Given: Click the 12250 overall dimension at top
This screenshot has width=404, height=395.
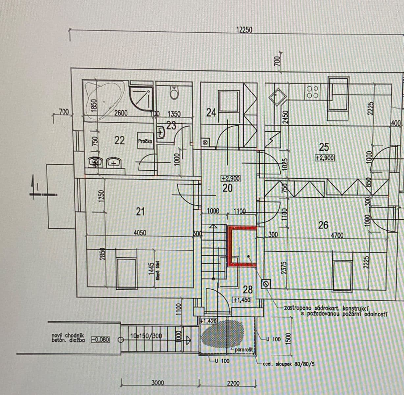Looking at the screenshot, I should click(244, 30).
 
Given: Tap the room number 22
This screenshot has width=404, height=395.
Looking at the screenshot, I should click(120, 140).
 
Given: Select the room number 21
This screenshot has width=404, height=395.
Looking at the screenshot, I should click(140, 211).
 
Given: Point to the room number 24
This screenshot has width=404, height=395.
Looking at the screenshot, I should click(211, 113).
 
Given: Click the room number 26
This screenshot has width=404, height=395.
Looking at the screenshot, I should click(323, 225).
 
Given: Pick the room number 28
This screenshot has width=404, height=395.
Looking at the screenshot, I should click(248, 290).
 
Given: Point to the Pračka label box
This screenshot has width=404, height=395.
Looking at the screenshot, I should click(145, 141).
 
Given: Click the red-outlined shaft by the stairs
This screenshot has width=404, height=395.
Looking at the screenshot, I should click(242, 246).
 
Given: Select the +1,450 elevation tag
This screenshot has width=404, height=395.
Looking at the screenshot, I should click(242, 300).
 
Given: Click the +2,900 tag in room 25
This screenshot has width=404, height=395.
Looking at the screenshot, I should click(324, 158).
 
